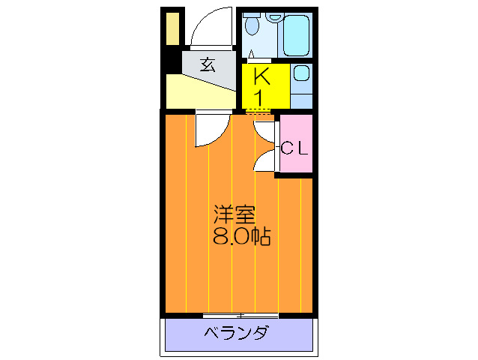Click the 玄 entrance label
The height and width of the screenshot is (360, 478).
click(208, 64)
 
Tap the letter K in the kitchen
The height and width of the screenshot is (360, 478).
click(261, 76)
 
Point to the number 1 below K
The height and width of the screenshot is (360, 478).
click(261, 97)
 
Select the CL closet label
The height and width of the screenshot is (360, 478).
click(294, 148)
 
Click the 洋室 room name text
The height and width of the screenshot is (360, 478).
click(235, 214)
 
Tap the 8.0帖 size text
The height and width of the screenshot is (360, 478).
click(242, 237)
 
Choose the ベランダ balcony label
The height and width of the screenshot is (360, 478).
click(237, 334)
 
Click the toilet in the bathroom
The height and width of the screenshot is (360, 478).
click(252, 28)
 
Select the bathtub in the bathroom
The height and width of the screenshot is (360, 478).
click(296, 33)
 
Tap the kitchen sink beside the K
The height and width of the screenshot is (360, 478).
click(301, 75)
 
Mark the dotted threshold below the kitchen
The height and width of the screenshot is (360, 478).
click(259, 112)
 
